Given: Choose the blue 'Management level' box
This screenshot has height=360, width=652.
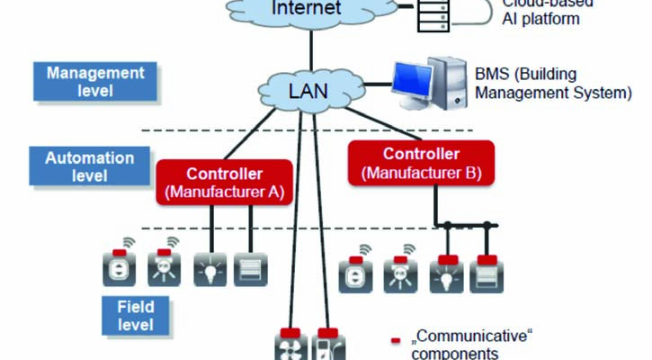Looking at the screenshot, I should (94, 81).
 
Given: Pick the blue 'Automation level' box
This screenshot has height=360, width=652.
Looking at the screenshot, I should (90, 166).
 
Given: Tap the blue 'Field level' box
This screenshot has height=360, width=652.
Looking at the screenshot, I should (136, 314).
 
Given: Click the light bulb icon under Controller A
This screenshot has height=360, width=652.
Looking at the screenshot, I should (210, 269).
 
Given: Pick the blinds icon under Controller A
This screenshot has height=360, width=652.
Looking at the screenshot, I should (251, 269).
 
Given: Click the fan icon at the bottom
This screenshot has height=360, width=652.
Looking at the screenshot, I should (290, 346).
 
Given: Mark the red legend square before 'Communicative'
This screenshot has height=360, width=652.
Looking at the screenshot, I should (396, 340).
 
